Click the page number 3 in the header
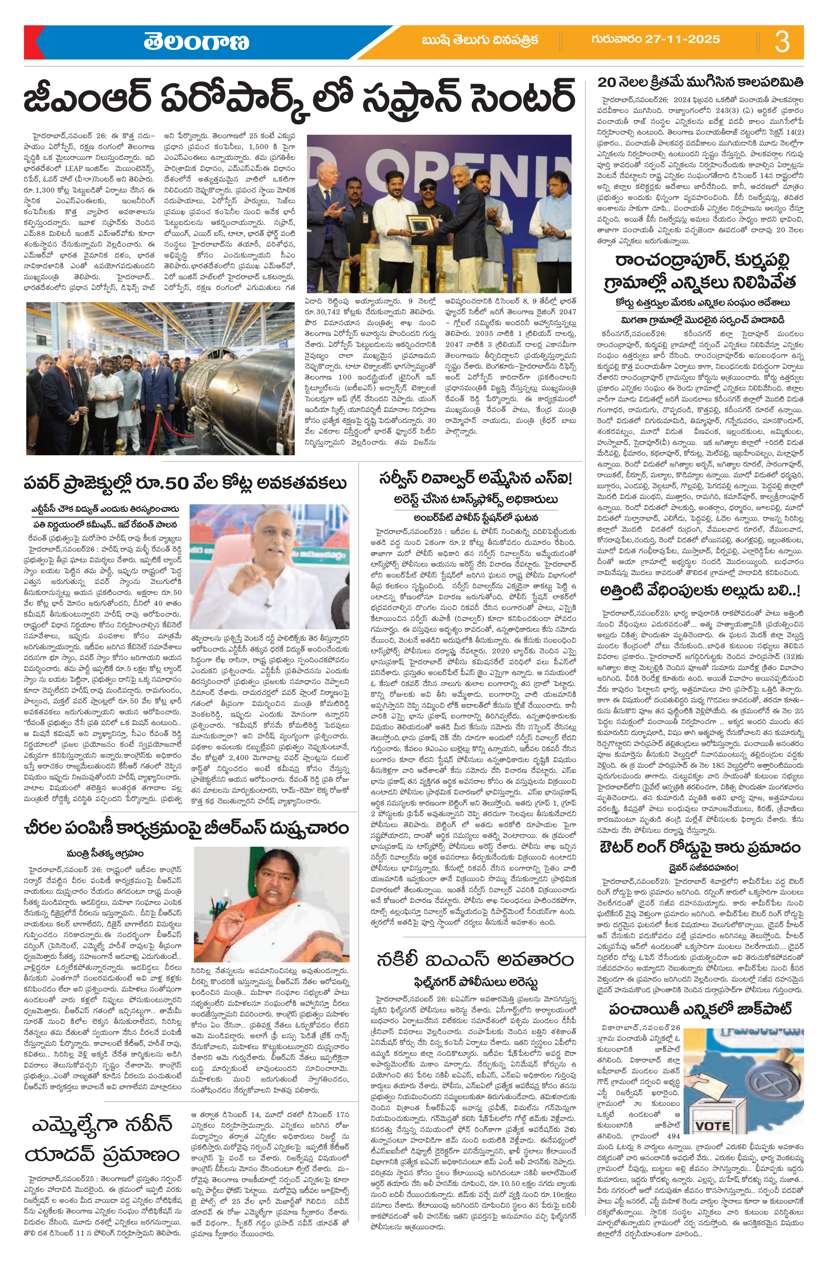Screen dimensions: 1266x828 click(x=782, y=42)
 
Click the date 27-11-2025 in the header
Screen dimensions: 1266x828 click(x=655, y=39)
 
